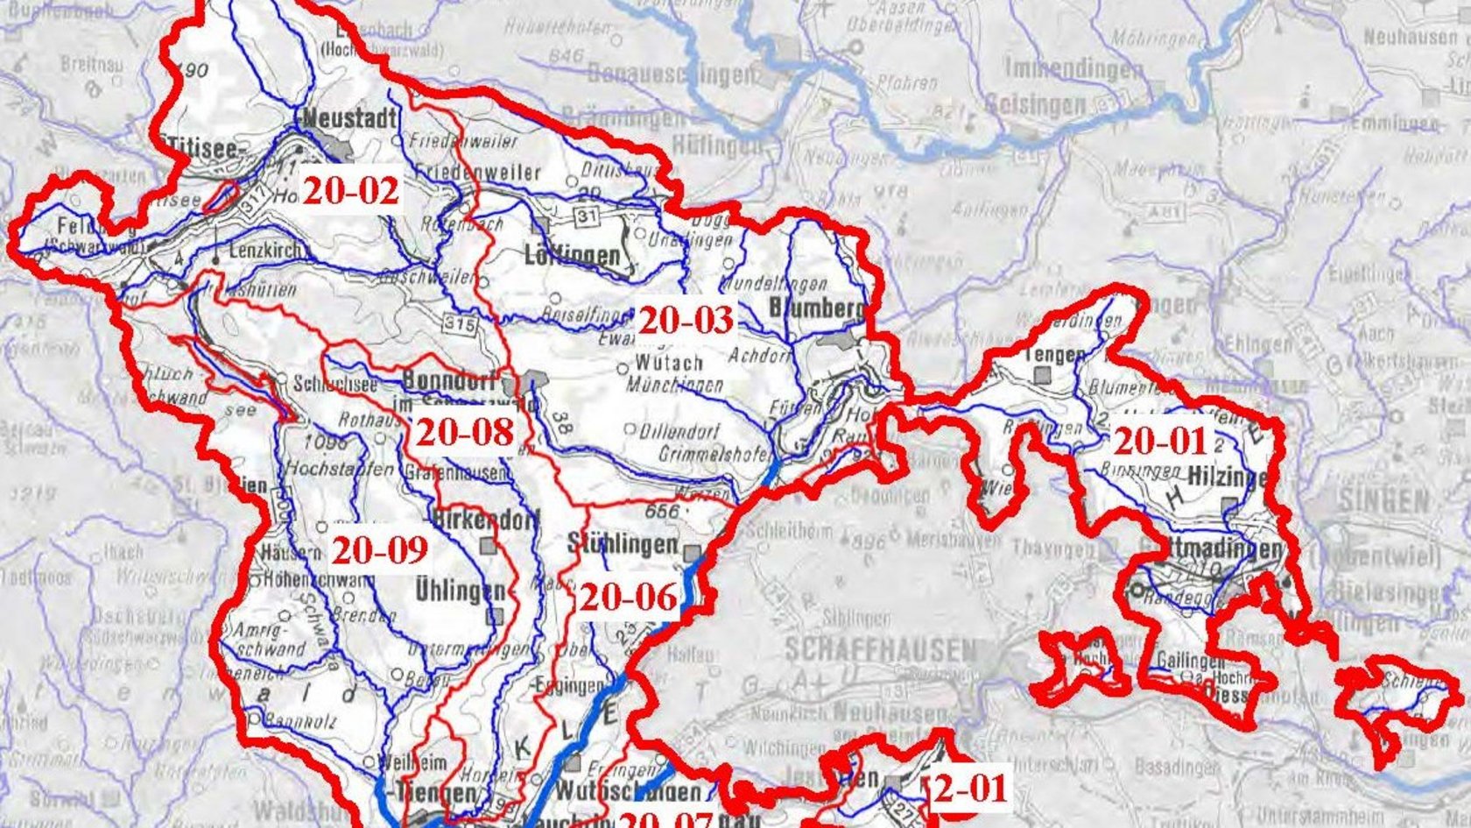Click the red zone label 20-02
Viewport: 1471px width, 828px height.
(350, 189)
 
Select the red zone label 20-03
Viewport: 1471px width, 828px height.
(685, 321)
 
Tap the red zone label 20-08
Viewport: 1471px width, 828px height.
(463, 431)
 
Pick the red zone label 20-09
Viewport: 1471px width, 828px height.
(380, 549)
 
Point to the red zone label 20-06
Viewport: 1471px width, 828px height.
(629, 597)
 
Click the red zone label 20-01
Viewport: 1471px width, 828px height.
(1160, 441)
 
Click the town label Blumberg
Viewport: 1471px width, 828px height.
(816, 308)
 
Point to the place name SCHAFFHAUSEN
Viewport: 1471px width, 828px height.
(880, 650)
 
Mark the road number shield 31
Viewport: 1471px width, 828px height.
(585, 216)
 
